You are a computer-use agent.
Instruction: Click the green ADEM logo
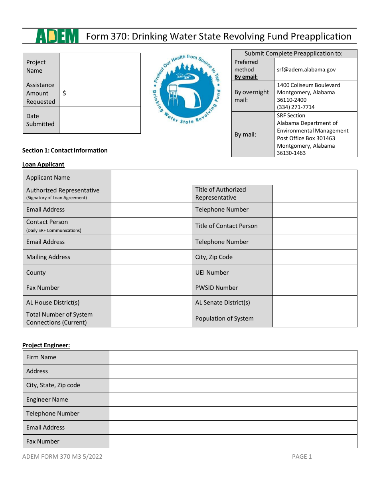57,36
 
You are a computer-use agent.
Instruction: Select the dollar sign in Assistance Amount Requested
64,93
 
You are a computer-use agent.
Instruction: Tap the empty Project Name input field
100,66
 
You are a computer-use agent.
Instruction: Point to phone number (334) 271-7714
296,107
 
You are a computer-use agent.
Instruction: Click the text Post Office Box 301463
306,138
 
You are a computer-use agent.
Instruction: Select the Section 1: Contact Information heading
65,150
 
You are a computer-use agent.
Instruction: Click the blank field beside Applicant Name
234,178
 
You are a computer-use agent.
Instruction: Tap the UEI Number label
212,273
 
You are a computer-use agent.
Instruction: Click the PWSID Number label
216,288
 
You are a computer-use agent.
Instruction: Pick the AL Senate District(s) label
223,303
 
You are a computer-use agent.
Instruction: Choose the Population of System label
224,319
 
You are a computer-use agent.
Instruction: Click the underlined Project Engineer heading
46,345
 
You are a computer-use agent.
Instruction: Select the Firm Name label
41,357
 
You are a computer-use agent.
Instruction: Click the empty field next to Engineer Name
233,400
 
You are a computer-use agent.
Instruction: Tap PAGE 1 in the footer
302,457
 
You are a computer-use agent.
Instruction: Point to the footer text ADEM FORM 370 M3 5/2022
62,457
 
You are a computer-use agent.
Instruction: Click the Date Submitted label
40,120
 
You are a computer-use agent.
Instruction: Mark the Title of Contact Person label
226,226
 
